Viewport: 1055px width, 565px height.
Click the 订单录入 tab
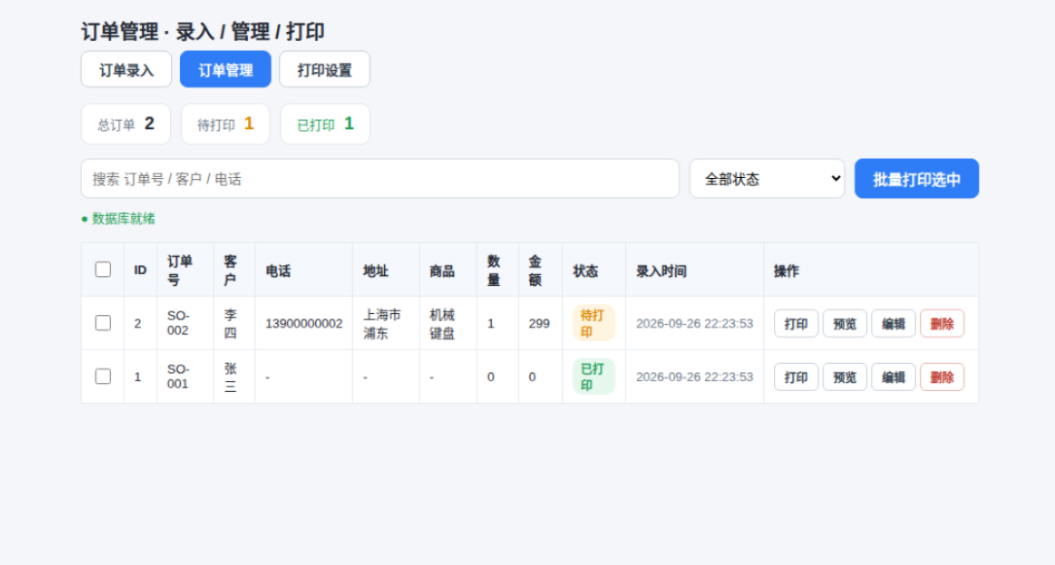pos(126,69)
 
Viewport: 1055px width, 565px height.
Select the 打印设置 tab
pos(325,69)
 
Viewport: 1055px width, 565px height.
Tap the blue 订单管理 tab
pos(226,69)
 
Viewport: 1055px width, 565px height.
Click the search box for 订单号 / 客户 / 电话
pos(380,179)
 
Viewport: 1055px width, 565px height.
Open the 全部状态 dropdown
pos(767,179)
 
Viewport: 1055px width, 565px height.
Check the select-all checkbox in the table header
pos(103,269)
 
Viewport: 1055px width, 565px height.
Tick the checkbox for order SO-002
pos(103,323)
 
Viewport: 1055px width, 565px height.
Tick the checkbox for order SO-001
pos(103,376)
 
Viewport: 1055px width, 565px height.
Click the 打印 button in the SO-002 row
pos(796,324)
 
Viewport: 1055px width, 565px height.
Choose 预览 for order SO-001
pos(845,377)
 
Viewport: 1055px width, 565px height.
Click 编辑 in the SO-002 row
pos(894,324)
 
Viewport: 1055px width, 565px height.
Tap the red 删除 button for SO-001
pos(942,377)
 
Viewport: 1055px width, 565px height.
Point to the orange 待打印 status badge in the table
pos(593,324)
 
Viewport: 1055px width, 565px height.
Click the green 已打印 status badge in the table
pos(593,376)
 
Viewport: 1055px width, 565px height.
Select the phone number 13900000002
pos(304,324)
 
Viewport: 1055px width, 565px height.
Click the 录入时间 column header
pos(661,271)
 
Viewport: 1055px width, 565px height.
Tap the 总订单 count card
pos(125,124)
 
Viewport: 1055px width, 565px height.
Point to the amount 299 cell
pos(540,324)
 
